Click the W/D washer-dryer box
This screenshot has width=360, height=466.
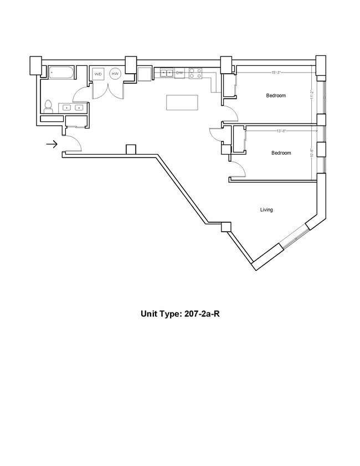98,74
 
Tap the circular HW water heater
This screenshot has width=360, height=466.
115,74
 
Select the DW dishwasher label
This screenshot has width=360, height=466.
179,73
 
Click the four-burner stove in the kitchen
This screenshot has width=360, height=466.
195,73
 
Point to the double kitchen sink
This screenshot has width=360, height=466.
167,73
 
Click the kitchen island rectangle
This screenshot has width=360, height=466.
182,103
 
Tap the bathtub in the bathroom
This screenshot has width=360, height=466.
61,73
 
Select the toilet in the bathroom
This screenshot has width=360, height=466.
48,106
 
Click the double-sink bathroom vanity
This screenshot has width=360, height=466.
73,107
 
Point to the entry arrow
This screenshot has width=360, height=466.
52,145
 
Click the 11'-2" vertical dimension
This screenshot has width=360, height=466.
312,95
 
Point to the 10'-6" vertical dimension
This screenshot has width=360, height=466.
312,153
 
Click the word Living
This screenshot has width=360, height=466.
266,210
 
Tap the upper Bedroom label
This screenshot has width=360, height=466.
276,96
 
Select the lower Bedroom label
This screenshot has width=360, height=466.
281,153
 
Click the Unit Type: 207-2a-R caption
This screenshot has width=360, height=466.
181,314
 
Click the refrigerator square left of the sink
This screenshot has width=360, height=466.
145,74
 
